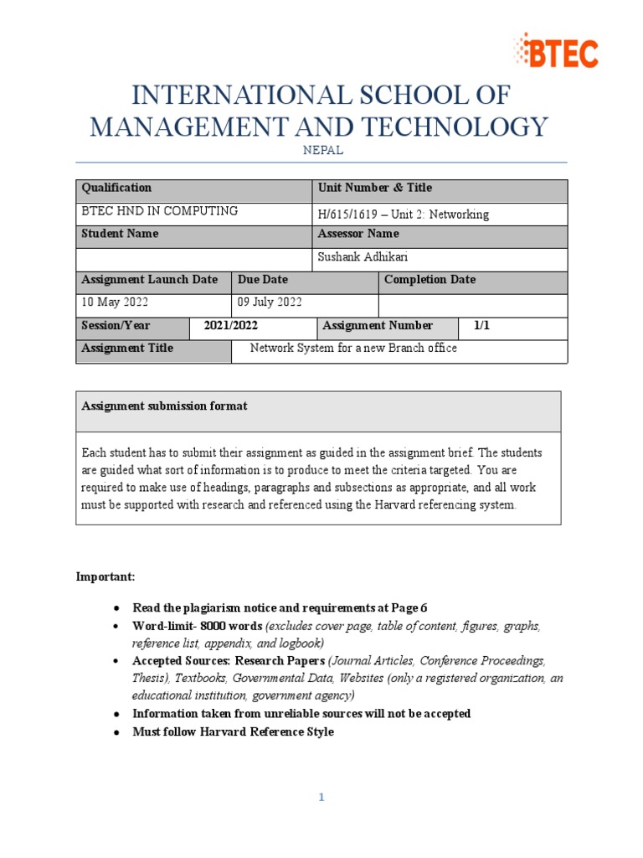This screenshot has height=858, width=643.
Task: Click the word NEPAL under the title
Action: point(321,151)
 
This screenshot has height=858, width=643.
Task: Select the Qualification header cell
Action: point(116,189)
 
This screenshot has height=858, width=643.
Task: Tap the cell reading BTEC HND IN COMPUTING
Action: point(159,211)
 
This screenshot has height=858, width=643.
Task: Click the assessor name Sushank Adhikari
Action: point(363,257)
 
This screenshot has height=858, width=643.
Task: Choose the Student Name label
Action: point(120,234)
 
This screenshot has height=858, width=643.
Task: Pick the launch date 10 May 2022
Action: point(115,302)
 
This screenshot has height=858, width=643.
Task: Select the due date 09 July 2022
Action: point(270,302)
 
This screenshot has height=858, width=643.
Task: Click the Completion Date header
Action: point(430,280)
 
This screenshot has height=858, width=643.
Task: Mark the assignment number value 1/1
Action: point(481,326)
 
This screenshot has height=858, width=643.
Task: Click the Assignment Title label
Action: point(127,349)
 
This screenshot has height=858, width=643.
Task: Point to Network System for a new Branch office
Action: point(354,349)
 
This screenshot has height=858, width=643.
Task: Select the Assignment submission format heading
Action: point(164,406)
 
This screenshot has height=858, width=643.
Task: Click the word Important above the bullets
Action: point(105,577)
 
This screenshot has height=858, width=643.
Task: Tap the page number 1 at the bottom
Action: point(321,798)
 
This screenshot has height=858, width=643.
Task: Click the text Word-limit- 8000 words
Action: point(198,626)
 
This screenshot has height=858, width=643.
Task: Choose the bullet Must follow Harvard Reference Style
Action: point(233,732)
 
